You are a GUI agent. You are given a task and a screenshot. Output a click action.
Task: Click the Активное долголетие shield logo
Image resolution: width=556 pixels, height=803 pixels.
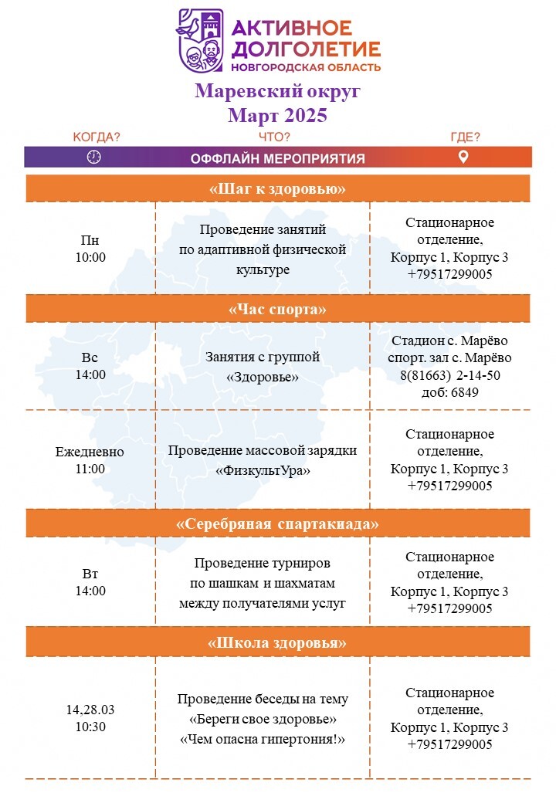coord(200,40)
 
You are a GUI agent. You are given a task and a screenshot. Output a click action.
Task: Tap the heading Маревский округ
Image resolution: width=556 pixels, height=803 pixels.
coord(277,90)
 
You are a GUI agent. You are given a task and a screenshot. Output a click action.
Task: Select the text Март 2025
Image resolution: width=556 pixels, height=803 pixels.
coord(277,115)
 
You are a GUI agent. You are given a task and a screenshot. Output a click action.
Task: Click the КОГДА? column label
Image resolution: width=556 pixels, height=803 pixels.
coord(97,137)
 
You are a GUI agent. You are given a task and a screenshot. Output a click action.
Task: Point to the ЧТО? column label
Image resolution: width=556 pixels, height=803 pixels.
coord(274,137)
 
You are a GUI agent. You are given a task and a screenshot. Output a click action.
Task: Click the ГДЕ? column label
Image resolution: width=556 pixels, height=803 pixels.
coord(466,137)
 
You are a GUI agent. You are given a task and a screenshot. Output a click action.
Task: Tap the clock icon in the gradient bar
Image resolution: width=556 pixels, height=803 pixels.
coord(93,158)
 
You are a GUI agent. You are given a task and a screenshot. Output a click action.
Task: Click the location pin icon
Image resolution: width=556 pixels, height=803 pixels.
coord(463,158)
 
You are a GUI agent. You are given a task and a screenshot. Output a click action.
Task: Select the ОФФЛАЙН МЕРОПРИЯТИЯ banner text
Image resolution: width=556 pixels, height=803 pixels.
coord(277,159)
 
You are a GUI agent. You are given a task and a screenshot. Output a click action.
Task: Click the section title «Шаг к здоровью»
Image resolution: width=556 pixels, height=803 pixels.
coord(277,189)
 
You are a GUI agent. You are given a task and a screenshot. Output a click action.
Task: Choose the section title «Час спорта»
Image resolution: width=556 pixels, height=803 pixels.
coord(277,310)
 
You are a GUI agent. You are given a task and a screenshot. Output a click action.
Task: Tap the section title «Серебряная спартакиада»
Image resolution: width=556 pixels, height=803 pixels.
coord(277,524)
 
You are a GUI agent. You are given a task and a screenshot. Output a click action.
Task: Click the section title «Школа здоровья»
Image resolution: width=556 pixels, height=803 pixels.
coord(277,642)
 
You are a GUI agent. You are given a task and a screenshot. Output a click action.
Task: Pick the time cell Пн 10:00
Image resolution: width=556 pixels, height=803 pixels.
coord(90,249)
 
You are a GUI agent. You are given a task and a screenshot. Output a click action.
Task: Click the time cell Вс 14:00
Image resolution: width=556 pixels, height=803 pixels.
coord(90,366)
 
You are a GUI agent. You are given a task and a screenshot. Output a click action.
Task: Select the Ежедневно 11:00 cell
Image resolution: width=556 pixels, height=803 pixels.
coord(90,460)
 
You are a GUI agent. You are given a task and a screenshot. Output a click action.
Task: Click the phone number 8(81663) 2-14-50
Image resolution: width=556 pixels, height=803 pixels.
coord(450,375)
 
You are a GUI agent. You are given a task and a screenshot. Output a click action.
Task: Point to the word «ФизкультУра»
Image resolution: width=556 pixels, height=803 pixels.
coord(263,471)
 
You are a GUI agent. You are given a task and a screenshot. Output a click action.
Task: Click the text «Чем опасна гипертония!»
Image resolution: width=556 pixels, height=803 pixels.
coord(263,739)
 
